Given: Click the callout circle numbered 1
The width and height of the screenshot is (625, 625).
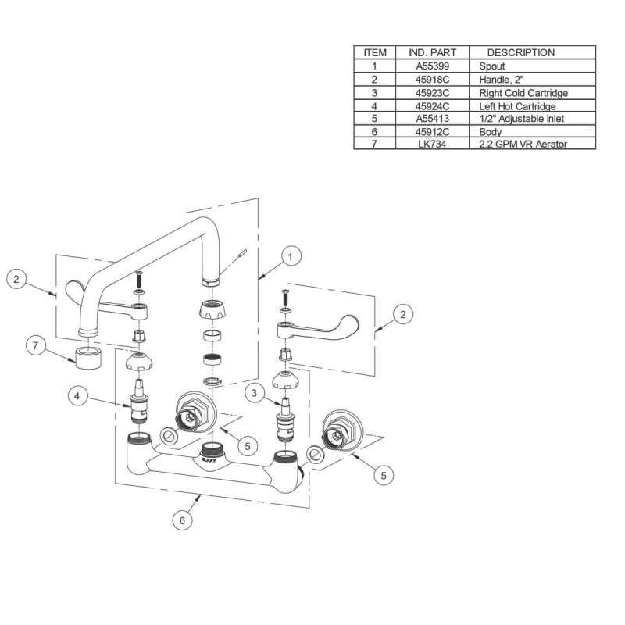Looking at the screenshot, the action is tap(290, 257).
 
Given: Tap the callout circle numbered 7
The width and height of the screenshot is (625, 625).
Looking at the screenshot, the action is tap(36, 345).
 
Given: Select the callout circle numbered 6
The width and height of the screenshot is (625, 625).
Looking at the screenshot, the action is tap(183, 520).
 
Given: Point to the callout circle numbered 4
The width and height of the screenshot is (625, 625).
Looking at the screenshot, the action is tap(77, 395).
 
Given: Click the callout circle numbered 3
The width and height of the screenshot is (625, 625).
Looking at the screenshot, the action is tap(255, 393).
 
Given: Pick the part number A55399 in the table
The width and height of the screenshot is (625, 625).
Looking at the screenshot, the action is tap(433, 66).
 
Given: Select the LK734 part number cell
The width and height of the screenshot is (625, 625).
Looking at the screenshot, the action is tap(432, 144).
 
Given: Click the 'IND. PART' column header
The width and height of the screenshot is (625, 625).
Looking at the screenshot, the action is tap(433, 52).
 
